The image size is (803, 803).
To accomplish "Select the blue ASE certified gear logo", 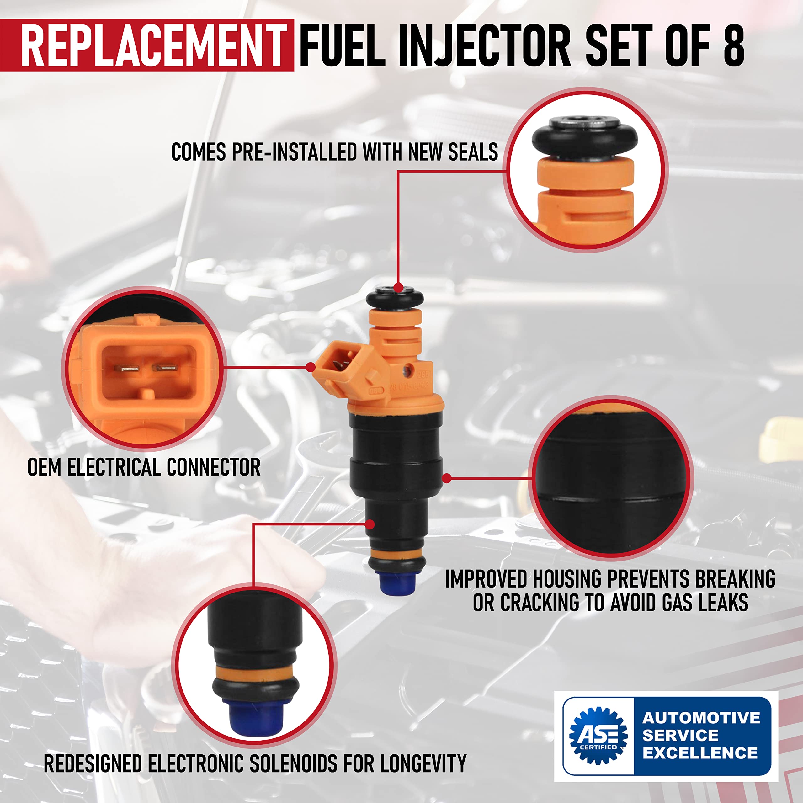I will tap(598, 736).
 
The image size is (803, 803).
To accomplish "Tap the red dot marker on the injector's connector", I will tap(310, 367).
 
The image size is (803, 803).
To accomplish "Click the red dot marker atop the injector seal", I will tap(398, 288).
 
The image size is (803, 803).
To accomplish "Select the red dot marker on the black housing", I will tap(446, 478).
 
